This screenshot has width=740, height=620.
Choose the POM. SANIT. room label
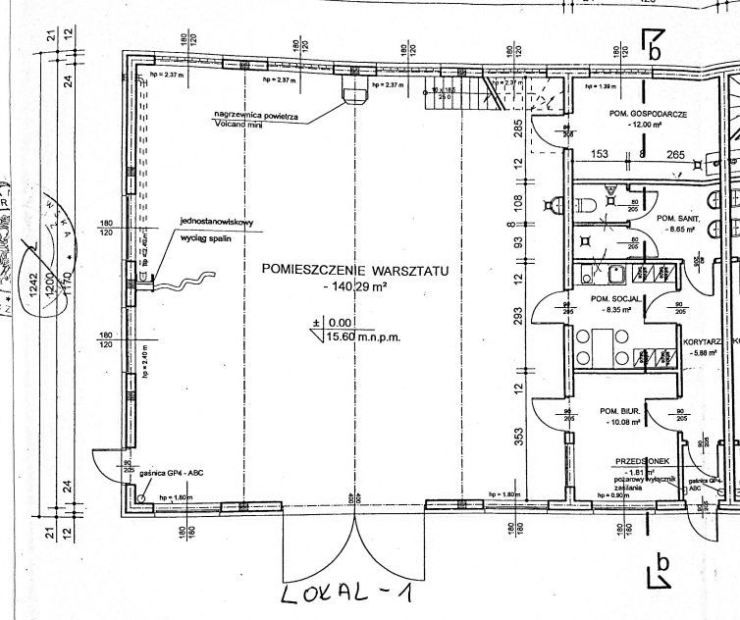[675, 218]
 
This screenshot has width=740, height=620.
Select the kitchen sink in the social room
[615, 274]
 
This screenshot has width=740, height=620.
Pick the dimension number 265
[675, 154]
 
